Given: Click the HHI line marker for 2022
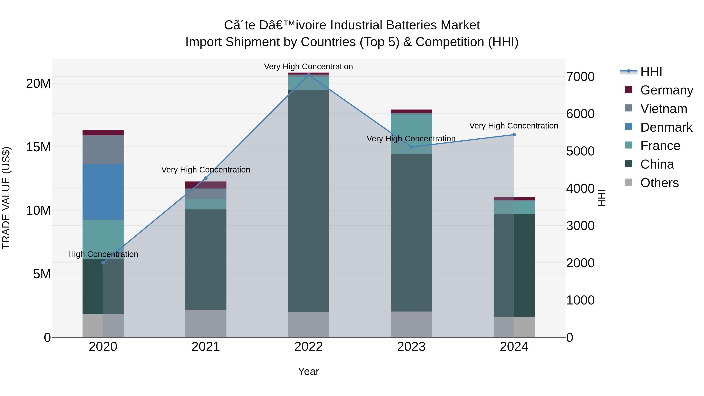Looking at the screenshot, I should click(309, 75).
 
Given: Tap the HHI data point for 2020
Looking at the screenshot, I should click(103, 263).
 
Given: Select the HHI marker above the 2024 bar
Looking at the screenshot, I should click(514, 135).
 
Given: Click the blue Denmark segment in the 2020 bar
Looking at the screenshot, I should click(103, 192).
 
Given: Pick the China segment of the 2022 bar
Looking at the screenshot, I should click(309, 201).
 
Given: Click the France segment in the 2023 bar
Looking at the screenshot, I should click(411, 134).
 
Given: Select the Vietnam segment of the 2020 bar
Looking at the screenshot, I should click(103, 150).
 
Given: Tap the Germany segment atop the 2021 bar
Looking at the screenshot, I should click(206, 185).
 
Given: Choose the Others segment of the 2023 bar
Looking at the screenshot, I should click(411, 324).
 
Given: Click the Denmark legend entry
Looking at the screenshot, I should click(666, 127).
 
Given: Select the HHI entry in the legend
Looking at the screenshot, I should click(651, 72).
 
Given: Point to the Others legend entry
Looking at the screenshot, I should click(659, 183).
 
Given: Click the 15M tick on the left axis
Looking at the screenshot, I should click(38, 147).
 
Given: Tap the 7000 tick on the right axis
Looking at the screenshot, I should click(580, 77).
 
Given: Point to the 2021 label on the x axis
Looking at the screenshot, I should click(206, 347).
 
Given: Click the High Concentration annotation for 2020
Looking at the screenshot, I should click(103, 254).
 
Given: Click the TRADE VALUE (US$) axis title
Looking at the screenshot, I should click(6, 198).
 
